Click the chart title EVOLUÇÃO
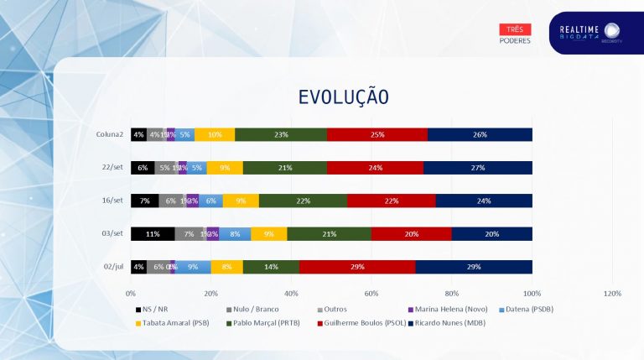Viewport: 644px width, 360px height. point(344,97)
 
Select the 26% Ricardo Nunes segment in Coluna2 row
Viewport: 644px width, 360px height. point(480,134)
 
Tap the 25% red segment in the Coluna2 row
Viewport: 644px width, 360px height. point(377,134)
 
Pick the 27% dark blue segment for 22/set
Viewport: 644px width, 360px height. point(478,168)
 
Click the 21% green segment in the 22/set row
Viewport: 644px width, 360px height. point(285,168)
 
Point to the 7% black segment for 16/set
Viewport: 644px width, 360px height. point(144,201)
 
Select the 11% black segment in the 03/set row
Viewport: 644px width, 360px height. point(153,233)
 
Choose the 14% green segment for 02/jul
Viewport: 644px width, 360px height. point(271,267)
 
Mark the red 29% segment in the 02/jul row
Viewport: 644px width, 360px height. point(357,267)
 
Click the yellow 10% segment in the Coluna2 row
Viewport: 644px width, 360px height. point(215,134)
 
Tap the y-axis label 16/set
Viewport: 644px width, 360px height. point(112,201)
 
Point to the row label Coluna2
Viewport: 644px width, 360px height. point(110,134)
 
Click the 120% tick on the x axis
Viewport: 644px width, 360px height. point(612,294)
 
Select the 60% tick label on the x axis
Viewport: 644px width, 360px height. point(371,294)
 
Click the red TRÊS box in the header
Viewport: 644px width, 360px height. point(515,29)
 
